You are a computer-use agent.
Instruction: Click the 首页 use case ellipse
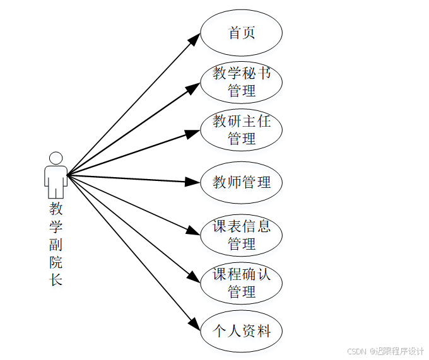click(241, 33)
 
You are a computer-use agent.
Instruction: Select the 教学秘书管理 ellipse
click(241, 82)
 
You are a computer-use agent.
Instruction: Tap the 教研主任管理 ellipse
click(241, 130)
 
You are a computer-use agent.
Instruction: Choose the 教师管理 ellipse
click(241, 183)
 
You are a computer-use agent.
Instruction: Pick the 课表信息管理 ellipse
click(241, 235)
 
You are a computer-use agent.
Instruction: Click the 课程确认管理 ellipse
click(241, 283)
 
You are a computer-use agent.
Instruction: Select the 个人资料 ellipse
click(241, 330)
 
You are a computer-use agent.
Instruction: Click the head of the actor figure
click(56, 158)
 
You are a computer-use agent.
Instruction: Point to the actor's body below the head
click(56, 180)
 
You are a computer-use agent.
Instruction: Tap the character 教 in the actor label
click(56, 209)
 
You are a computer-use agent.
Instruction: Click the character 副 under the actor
click(56, 245)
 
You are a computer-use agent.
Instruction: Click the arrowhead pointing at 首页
click(195, 39)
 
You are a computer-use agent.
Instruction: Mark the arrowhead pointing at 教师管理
click(194, 182)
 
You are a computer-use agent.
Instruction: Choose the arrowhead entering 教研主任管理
click(194, 133)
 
